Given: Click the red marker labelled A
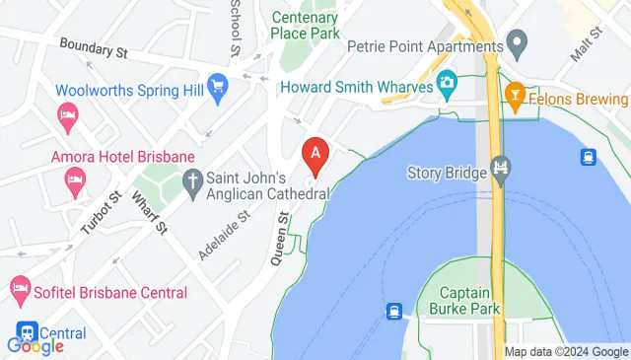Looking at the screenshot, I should (315, 155).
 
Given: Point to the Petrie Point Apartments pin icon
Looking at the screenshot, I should (515, 43).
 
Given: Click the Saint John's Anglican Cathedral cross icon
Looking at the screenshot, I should (193, 180).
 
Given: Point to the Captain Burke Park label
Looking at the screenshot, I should (471, 301).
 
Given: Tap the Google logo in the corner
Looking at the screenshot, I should (35, 345).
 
